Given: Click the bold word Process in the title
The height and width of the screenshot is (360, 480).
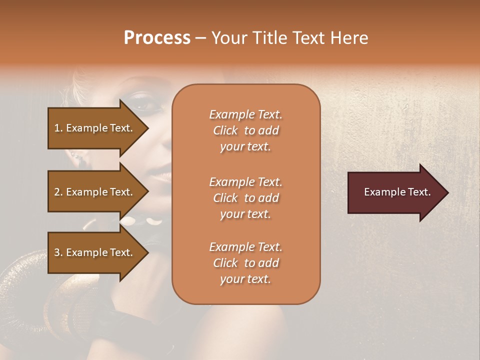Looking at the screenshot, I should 157,38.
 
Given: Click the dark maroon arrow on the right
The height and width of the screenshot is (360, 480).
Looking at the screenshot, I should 397,192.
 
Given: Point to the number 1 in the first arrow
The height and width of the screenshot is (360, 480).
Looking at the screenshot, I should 57,128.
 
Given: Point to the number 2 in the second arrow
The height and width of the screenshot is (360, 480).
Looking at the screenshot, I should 57,192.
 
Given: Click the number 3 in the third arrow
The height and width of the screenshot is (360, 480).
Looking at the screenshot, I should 57,252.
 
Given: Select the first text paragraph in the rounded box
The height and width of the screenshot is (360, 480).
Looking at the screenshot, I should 245,130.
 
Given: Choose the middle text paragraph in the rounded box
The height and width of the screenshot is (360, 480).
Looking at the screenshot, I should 245,198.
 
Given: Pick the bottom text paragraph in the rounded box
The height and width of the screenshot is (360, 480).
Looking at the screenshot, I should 245,263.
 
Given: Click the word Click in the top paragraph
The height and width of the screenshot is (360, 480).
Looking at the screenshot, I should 225,130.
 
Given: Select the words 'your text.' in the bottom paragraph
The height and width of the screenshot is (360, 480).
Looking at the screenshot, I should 245,279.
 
